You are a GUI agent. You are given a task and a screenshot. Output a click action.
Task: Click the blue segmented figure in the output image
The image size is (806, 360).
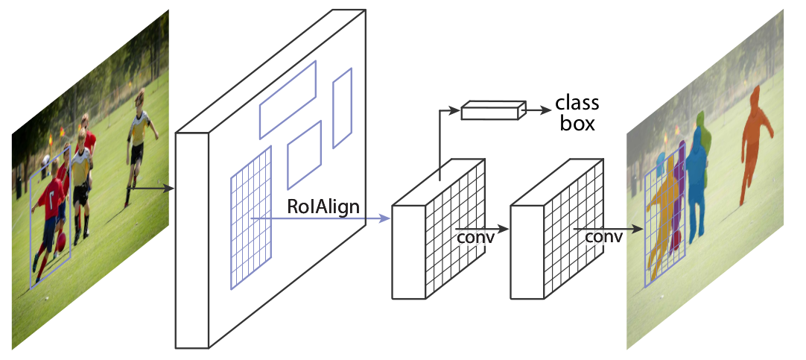tap(699, 179)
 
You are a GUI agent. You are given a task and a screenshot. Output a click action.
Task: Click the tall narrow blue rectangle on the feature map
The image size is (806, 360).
tap(342, 109)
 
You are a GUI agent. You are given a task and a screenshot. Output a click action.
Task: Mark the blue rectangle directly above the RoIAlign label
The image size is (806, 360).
tap(304, 155)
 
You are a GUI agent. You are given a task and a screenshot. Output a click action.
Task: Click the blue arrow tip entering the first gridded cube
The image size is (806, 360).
tap(386, 218)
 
